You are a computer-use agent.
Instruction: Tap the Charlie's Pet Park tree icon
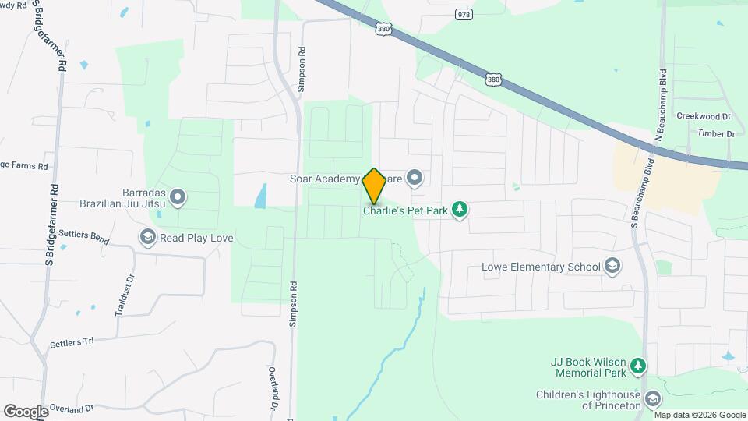pyautogui.click(x=460, y=209)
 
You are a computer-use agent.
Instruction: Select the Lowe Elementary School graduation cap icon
pyautogui.click(x=612, y=267)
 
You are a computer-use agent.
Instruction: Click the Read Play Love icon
pyautogui.click(x=147, y=236)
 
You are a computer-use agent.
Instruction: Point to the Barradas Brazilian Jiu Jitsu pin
pyautogui.click(x=178, y=198)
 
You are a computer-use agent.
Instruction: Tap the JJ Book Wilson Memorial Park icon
pyautogui.click(x=638, y=365)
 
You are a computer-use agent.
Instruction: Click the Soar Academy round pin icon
pyautogui.click(x=415, y=179)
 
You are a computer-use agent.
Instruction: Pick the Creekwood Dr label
pyautogui.click(x=703, y=115)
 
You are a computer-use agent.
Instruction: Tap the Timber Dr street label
pyautogui.click(x=717, y=134)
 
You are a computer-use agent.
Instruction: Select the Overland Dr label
pyautogui.click(x=72, y=408)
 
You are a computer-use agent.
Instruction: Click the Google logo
pyautogui.click(x=26, y=411)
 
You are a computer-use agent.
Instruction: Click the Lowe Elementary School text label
pyautogui.click(x=541, y=267)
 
